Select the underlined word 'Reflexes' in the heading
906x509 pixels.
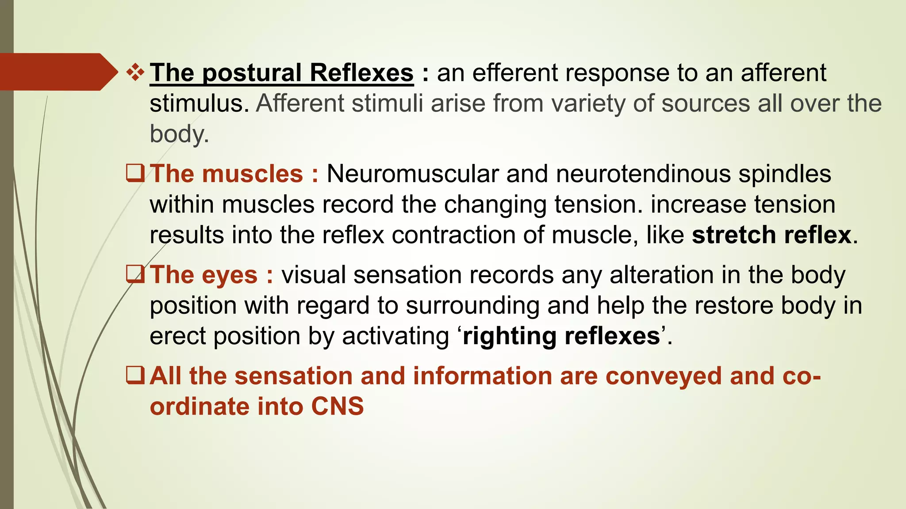click(x=361, y=72)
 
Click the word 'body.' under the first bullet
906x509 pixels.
click(x=179, y=134)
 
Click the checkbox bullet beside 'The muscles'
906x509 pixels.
click(x=135, y=173)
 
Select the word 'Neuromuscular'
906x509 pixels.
click(x=412, y=174)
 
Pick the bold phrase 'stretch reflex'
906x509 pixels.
click(x=772, y=235)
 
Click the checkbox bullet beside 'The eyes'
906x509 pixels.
click(x=135, y=274)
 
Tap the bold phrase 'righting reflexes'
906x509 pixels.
click(x=561, y=336)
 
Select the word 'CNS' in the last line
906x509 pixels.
click(x=337, y=406)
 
